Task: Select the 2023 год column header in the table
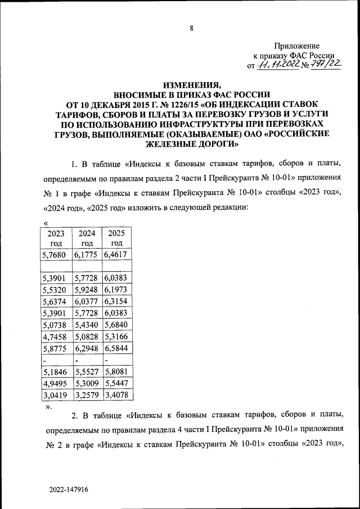coord(56,238)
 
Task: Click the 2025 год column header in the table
coord(116,238)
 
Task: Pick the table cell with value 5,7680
coord(56,255)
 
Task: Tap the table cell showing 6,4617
coord(116,255)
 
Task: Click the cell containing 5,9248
coord(86,290)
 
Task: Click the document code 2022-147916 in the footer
coord(68,490)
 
